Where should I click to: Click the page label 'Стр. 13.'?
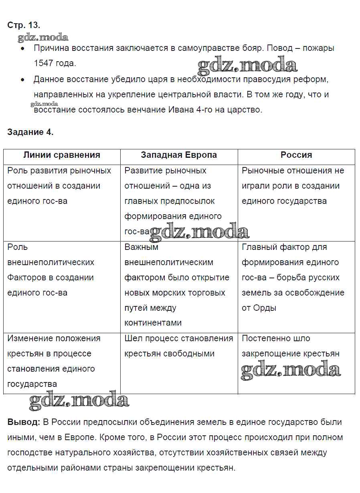24,25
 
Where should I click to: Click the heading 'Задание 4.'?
30,132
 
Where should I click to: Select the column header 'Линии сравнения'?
62,155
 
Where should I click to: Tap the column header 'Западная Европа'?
179,155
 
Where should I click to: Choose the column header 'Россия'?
296,155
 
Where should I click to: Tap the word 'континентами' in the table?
153,323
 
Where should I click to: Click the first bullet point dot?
23,48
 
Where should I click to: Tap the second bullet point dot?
23,80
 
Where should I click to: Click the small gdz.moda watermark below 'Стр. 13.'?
43,38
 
